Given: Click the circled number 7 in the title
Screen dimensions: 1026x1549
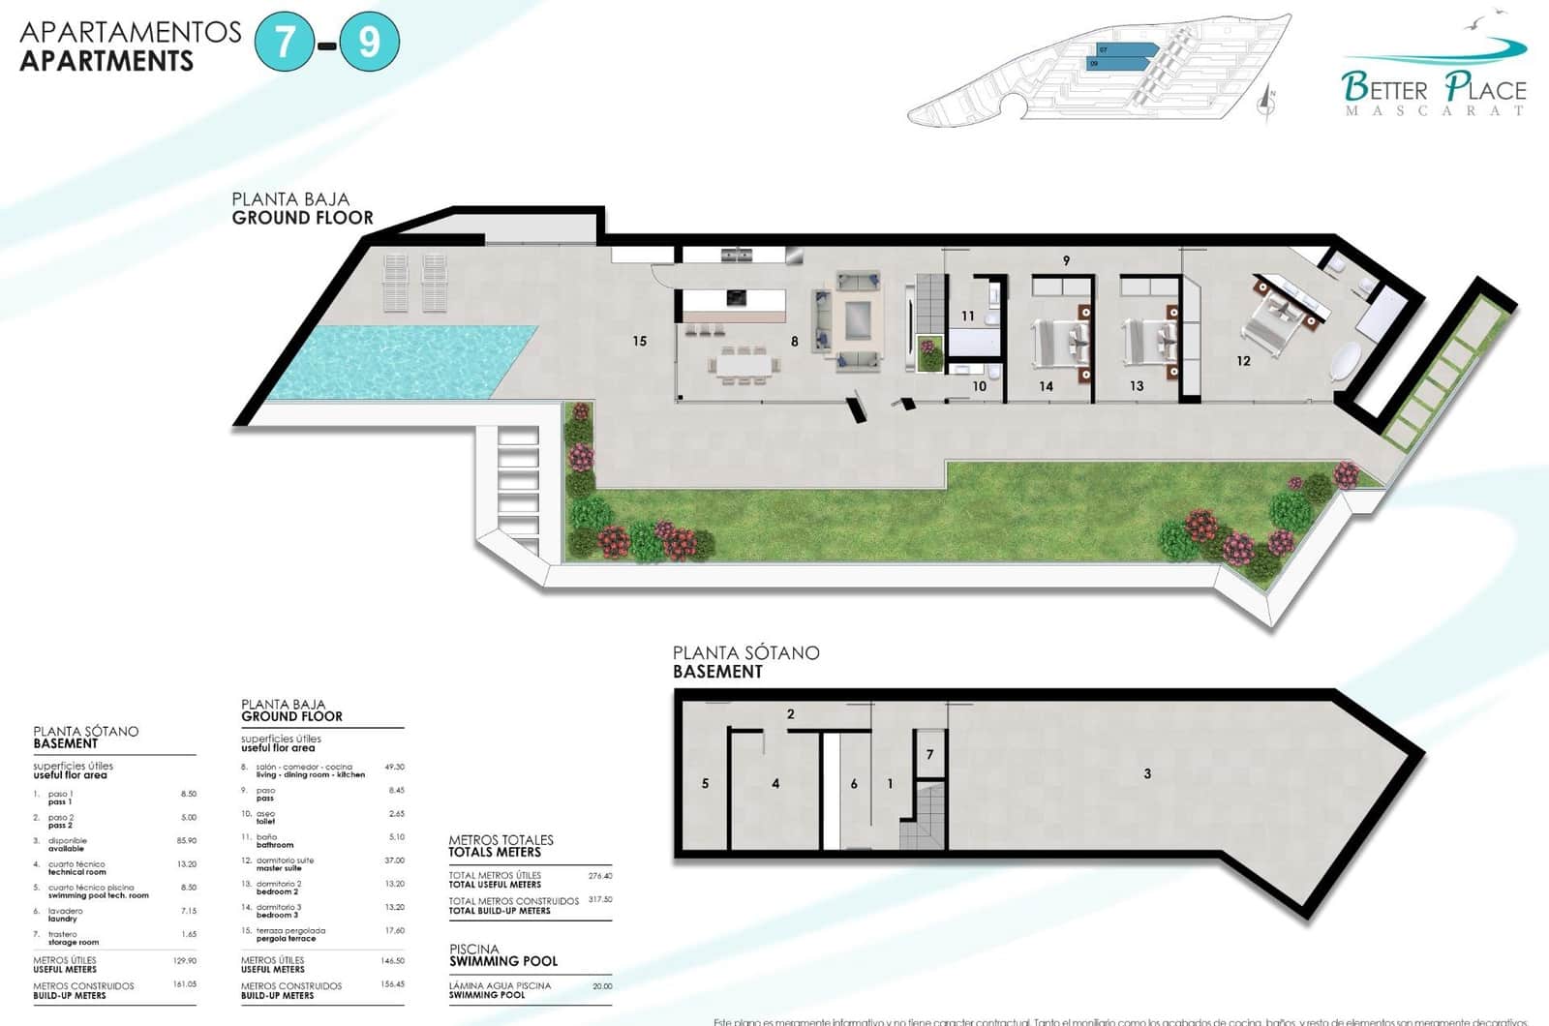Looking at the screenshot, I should (x=285, y=43).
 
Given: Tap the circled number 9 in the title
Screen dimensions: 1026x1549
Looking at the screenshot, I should (x=369, y=43).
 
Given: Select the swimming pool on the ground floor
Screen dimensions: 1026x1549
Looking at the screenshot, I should (x=402, y=361).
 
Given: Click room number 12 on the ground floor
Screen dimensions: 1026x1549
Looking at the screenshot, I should (x=1243, y=361).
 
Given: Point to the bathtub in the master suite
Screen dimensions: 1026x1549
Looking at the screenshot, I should (x=1347, y=360).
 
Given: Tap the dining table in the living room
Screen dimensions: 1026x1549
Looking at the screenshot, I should (x=743, y=365).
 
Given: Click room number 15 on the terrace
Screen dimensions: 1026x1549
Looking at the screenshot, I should (x=639, y=341).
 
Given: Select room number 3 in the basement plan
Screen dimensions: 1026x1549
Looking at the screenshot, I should (x=1147, y=773).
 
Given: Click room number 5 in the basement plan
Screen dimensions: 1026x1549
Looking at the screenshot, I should (x=705, y=783).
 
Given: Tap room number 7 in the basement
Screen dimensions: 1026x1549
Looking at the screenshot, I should (x=929, y=754).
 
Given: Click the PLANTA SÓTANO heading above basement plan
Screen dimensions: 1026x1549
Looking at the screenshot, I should (x=745, y=653).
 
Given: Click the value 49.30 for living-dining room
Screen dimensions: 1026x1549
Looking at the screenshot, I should (x=394, y=767).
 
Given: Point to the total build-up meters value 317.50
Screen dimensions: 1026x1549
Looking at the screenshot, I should (x=600, y=899).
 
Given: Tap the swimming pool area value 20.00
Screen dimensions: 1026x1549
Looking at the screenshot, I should (x=601, y=986).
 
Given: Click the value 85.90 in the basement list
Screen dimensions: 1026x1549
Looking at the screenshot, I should (x=187, y=840).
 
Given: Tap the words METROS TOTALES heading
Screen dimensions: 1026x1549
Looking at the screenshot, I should (x=501, y=840).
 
